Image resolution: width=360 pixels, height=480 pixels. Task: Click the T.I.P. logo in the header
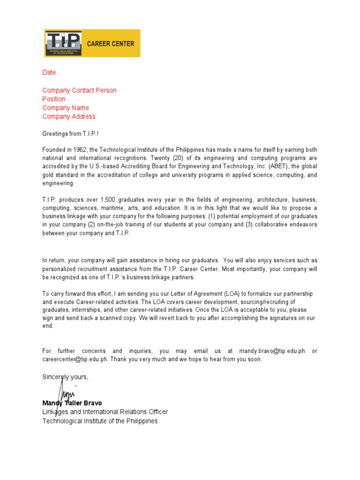point(63,44)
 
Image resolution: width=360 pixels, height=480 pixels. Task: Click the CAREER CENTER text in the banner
point(111,44)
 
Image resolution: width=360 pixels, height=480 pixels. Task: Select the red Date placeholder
point(49,73)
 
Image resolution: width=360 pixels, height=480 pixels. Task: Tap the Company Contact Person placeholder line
point(79,90)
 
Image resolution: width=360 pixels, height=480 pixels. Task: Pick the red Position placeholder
point(54,99)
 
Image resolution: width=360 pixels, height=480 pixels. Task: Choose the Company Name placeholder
point(66,108)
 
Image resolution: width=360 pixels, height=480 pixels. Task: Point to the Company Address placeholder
point(69,117)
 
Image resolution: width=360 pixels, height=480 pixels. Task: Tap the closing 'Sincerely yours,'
point(65,377)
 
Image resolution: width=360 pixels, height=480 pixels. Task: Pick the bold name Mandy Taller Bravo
point(72,403)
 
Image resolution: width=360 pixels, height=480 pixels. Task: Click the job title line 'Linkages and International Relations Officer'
point(105,412)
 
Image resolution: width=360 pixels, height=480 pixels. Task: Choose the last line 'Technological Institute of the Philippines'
point(100,421)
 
